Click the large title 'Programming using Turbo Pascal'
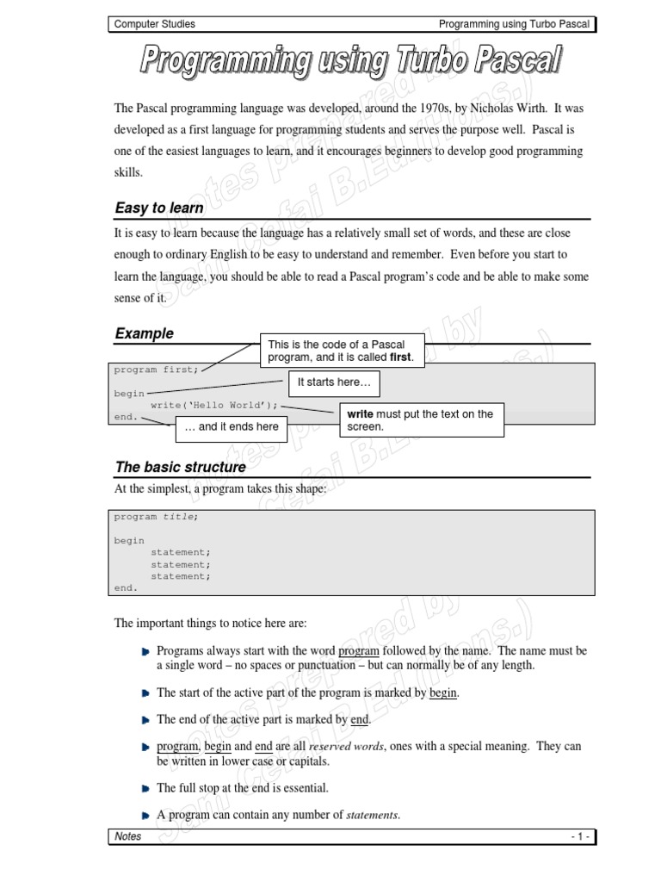pos(351,63)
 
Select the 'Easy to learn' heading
pos(159,208)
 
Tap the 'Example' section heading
pos(144,333)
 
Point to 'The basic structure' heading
pos(180,467)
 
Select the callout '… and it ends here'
pos(232,426)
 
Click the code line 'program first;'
pos(156,370)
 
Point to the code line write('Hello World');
pos(214,405)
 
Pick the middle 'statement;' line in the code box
pos(180,564)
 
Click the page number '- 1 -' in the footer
pos(579,836)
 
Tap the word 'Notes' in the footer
pos(128,836)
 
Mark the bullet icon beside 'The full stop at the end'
pos(145,788)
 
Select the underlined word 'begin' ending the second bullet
pos(443,693)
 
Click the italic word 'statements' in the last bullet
pos(372,815)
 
